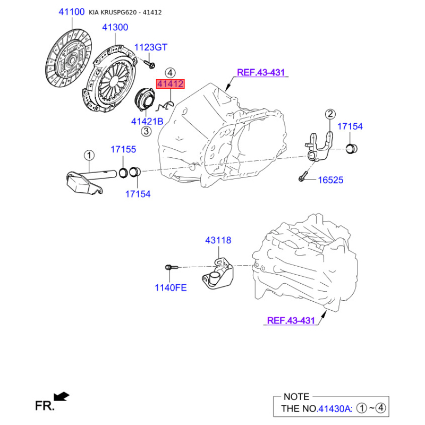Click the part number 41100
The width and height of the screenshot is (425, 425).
pos(72,12)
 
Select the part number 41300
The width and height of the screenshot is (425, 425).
pos(115,27)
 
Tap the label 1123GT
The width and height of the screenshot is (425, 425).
pos(151,47)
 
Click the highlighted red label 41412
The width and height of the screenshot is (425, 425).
pos(170,84)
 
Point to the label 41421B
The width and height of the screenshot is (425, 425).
pos(147,121)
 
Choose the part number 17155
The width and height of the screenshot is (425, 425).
pos(123,149)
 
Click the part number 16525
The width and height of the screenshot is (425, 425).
pos(330,180)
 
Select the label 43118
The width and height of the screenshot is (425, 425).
pos(218,240)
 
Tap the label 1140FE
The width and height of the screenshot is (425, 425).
pos(171,287)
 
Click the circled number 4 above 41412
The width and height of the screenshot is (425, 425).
pos(170,73)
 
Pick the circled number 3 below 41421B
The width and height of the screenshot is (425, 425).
pos(146,131)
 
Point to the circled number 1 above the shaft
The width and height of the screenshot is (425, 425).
pos(89,156)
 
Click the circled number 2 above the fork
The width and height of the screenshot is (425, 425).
pos(330,114)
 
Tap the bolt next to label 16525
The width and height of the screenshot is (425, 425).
pos(303,176)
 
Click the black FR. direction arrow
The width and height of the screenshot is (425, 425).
pos(62,396)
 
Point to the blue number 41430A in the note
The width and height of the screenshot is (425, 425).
pos(335,409)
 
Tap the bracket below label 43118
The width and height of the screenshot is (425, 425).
pos(218,274)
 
